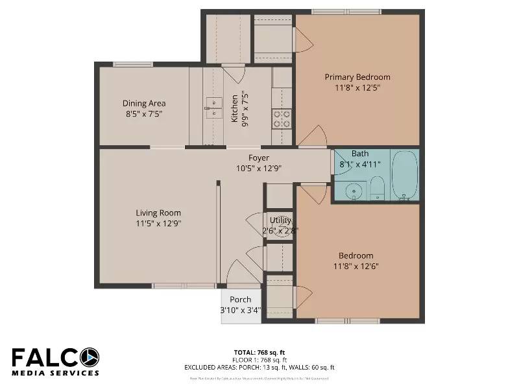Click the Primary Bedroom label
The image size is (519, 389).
coord(357,77)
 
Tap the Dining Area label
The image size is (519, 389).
coord(144,103)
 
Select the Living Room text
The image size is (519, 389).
coord(158,213)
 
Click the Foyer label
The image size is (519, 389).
coord(259,158)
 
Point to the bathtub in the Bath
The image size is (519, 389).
coord(404,174)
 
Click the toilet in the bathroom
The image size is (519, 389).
coord(378,189)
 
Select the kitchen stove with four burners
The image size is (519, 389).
coord(282,118)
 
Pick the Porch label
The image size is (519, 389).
coord(240,300)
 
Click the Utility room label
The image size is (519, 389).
coord(280,220)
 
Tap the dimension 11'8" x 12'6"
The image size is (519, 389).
coord(356,266)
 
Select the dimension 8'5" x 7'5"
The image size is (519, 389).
coord(144,113)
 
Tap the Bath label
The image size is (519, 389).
coord(360,154)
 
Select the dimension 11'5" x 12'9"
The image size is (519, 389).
coord(158,223)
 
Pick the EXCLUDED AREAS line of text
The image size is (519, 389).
coord(259,368)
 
